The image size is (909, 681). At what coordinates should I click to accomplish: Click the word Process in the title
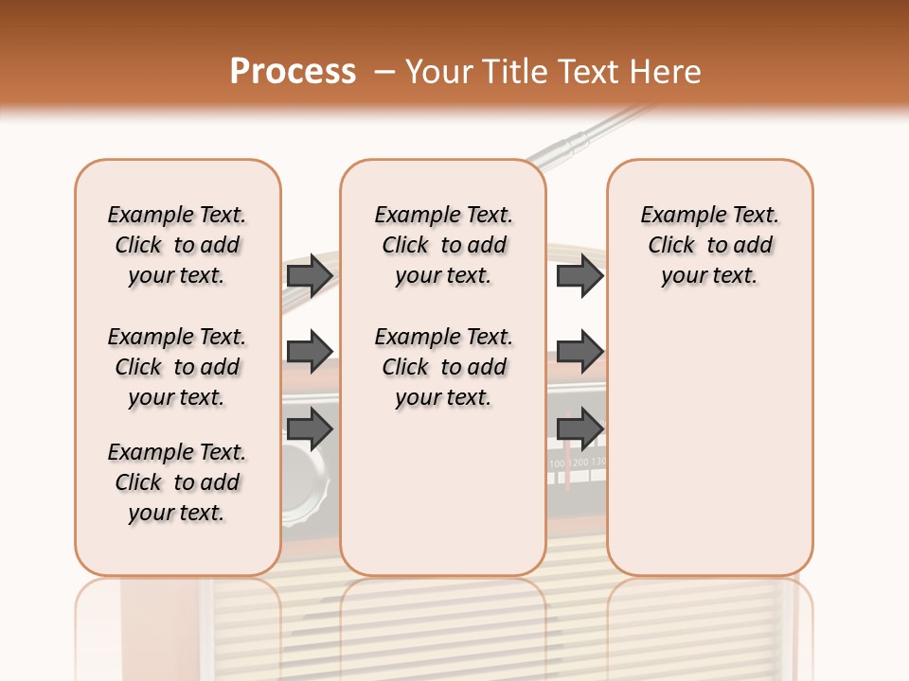293,72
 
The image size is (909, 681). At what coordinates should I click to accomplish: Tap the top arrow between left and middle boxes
310,275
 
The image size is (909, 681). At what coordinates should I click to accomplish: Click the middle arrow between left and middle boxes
310,352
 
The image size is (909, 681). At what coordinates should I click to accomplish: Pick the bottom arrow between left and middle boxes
310,428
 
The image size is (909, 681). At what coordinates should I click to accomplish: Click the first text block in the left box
177,245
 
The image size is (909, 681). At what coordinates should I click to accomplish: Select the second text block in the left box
177,367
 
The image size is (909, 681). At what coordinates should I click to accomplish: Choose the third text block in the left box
177,482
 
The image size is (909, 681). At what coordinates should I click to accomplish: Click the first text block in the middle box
444,245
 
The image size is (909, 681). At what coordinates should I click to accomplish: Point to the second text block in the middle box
444,367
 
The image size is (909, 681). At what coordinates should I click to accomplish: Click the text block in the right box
710,245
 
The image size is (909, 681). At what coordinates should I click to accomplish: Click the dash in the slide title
384,72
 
